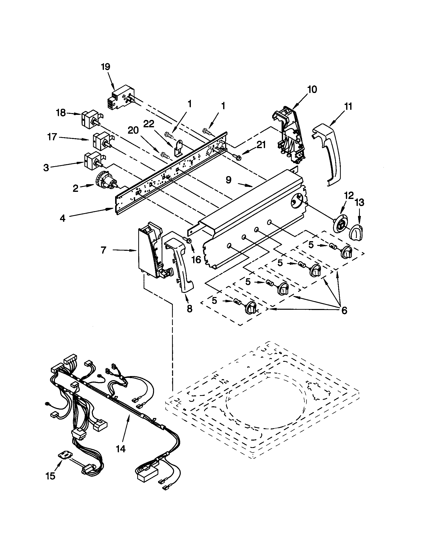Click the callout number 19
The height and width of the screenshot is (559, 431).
pos(105,67)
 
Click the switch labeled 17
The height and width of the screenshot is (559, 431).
pos(100,142)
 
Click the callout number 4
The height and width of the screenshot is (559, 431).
pos(63,218)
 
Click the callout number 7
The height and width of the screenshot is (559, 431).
pos(103,250)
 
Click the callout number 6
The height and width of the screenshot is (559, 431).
pos(344,310)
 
